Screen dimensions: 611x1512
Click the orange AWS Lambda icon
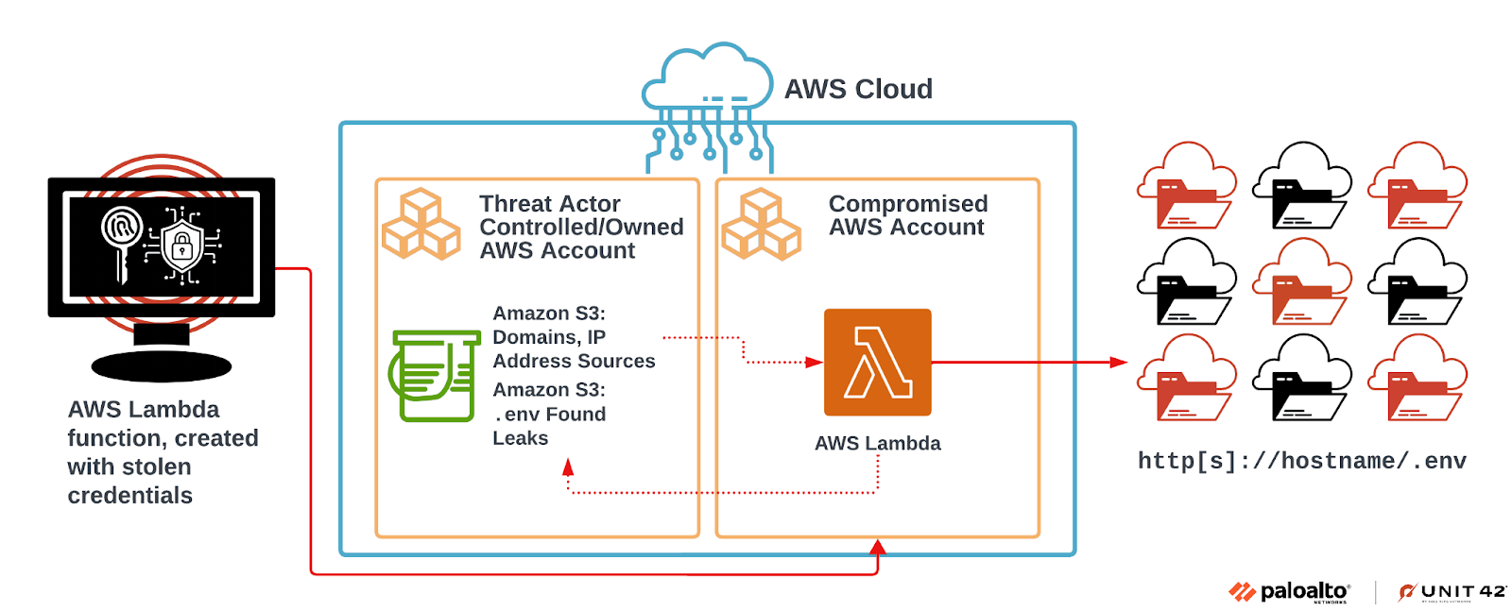point(877,362)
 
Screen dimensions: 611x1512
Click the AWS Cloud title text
point(858,89)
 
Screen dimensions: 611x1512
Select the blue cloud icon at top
point(707,79)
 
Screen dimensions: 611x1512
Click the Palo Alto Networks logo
point(1289,592)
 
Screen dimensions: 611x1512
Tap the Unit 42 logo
point(1452,592)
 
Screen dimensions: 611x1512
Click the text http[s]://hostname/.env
point(1301,461)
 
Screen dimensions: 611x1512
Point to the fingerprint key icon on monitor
point(122,236)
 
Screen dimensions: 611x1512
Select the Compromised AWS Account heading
point(907,215)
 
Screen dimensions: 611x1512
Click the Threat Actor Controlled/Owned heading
point(580,227)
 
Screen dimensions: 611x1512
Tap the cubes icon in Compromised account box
point(761,225)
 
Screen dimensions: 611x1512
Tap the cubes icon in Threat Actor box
point(421,225)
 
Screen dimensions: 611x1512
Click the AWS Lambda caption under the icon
point(877,443)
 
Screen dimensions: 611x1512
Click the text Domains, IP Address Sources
point(573,349)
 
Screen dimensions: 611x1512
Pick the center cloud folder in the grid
point(1301,281)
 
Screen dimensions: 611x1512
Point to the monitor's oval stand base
point(161,366)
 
